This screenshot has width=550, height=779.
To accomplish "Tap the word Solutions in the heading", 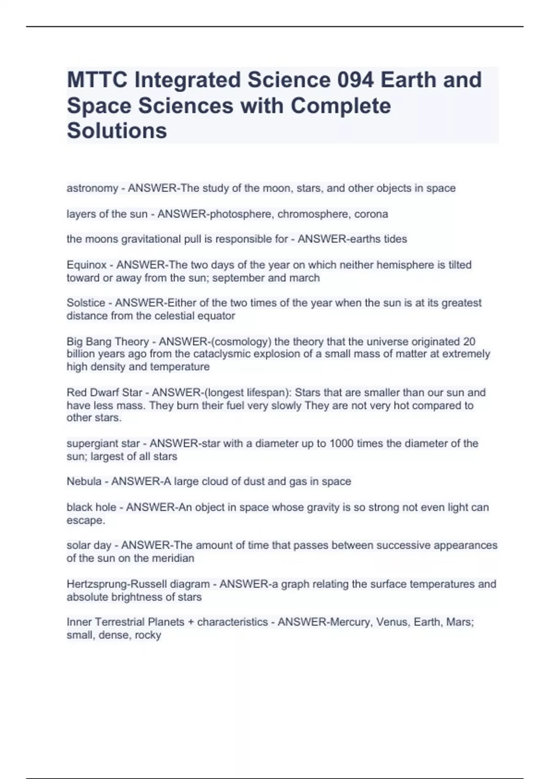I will pos(117,131).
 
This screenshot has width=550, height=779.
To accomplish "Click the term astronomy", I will pos(92,188).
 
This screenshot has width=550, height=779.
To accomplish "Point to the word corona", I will pos(371,214).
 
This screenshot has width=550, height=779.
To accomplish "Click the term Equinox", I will pos(86,265).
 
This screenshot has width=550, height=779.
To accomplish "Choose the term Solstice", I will pos(86,303).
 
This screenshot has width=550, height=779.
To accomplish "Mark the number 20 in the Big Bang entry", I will pos(469,341).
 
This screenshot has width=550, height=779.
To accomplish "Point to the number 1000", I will pos(341,444).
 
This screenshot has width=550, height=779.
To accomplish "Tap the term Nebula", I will pos(84,482).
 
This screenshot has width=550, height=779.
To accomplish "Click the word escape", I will pos(85,521).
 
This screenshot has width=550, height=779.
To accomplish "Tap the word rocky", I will pos(148,635).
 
